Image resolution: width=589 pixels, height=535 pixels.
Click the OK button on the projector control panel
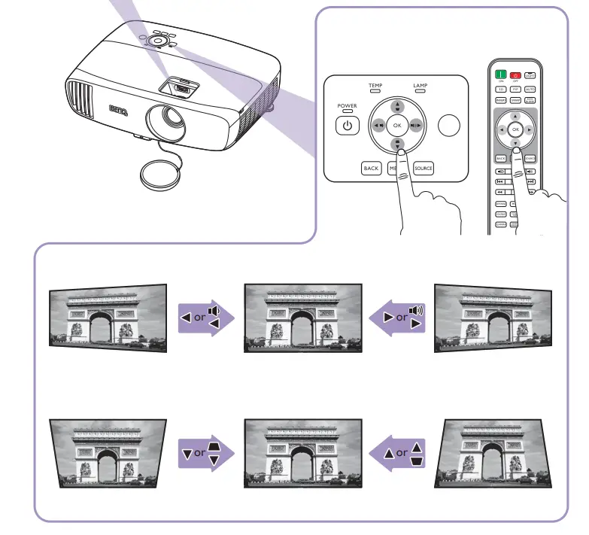point(398,125)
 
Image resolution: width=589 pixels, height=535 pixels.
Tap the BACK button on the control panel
point(371,169)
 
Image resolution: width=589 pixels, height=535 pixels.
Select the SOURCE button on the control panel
point(424,169)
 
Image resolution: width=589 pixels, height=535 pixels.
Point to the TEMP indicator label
point(375,87)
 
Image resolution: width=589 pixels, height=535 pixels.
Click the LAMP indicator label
point(420,87)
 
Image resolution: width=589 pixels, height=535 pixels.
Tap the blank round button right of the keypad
point(449,125)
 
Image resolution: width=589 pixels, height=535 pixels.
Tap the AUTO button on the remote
point(530,89)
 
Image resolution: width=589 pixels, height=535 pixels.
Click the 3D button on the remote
point(500,89)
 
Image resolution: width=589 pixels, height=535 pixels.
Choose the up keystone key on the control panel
point(398,105)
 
